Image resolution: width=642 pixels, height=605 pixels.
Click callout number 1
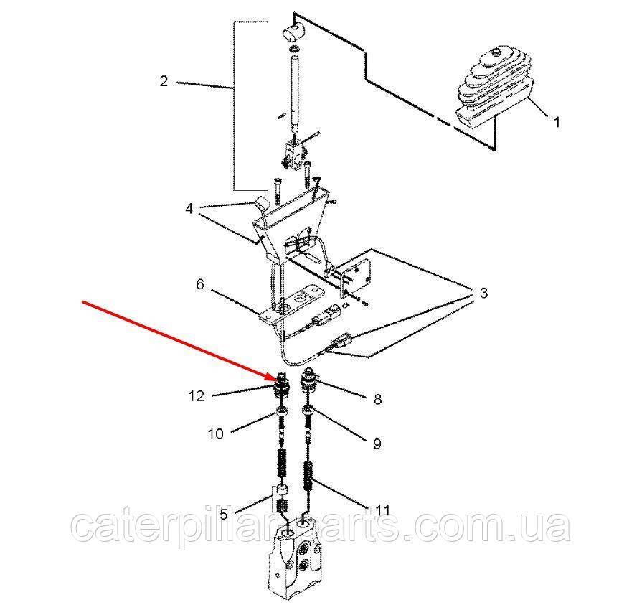(557, 122)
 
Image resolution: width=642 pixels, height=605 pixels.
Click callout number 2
(164, 81)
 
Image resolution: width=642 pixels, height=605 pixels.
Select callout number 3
(483, 293)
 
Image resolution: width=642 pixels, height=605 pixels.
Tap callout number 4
(189, 209)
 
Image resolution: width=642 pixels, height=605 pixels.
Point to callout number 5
(223, 514)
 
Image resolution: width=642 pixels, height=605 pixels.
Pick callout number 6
(200, 284)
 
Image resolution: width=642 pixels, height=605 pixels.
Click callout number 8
(377, 398)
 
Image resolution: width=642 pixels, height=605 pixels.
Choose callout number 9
(377, 444)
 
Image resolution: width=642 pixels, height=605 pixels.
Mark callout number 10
(215, 433)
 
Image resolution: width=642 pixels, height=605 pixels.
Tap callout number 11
(382, 510)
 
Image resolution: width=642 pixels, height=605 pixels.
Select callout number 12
(196, 396)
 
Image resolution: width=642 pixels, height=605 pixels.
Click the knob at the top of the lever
(293, 32)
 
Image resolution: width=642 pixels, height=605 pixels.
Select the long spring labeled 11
(310, 477)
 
